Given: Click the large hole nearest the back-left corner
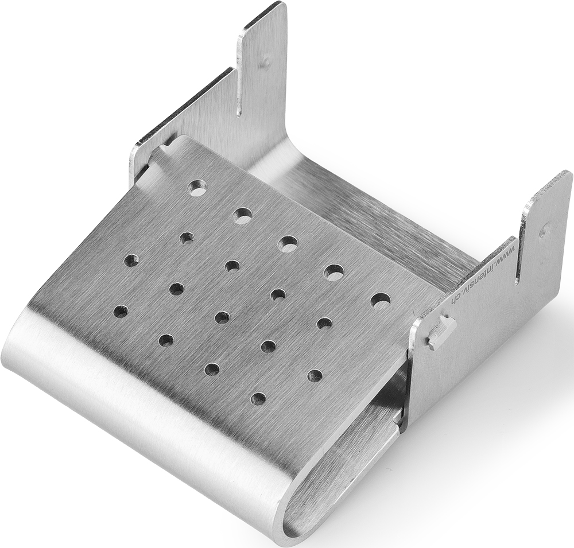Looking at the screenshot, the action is tap(197, 187).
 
